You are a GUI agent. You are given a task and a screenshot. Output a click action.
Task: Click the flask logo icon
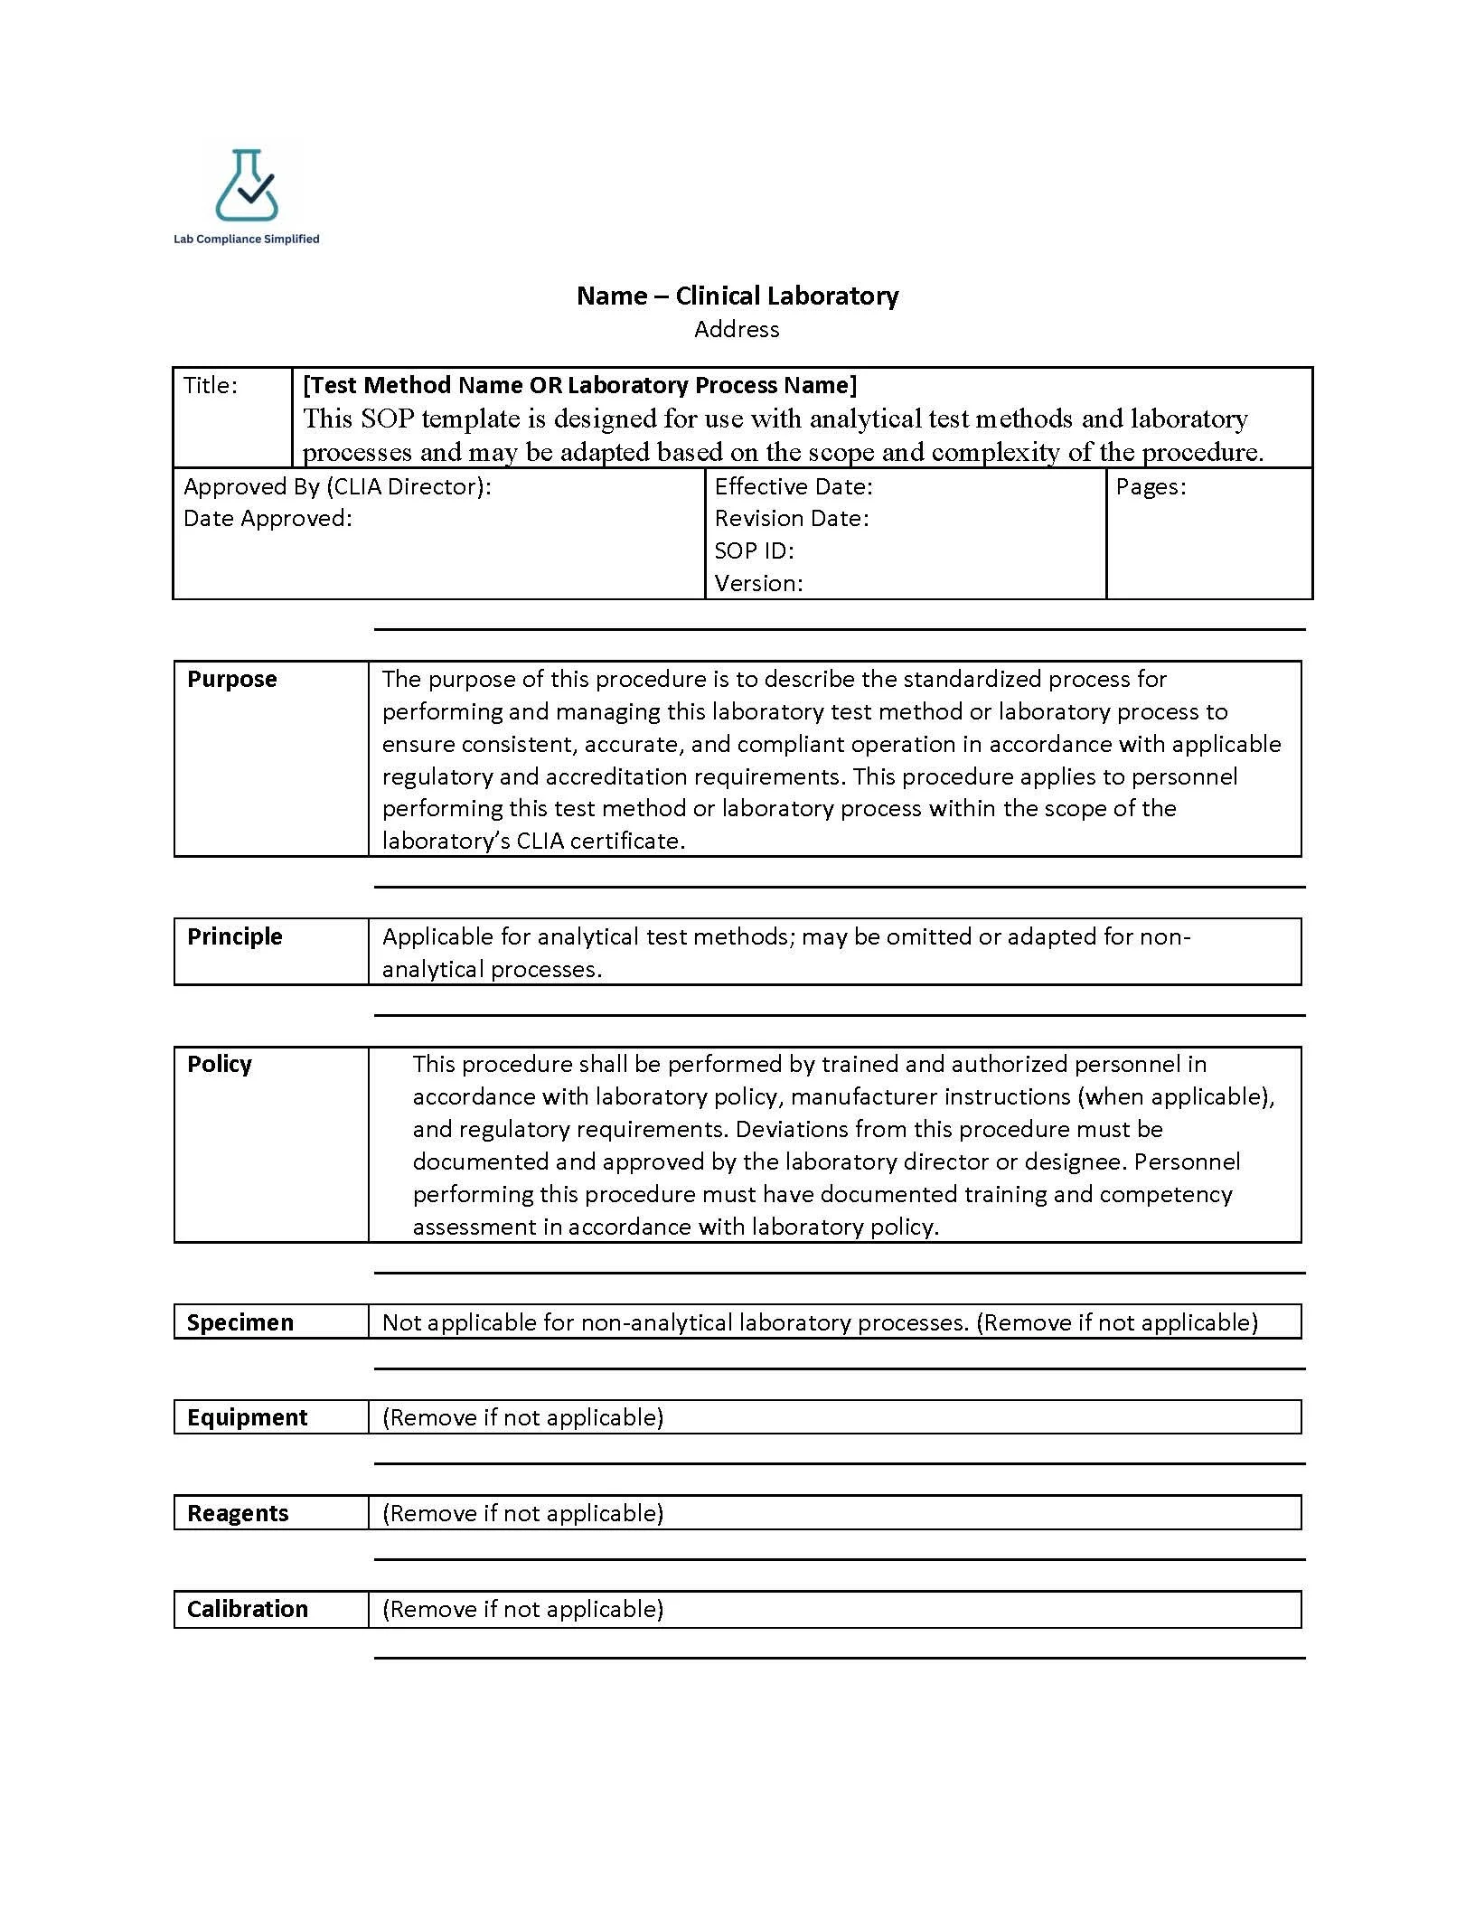(247, 186)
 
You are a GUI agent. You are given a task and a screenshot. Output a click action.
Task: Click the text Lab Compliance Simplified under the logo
(247, 240)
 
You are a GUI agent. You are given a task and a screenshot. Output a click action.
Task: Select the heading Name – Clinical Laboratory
(737, 296)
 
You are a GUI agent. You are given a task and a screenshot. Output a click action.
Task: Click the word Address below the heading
(737, 330)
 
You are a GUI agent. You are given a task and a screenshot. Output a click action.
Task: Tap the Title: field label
(211, 386)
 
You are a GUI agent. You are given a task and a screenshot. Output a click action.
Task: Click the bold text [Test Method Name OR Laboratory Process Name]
(579, 386)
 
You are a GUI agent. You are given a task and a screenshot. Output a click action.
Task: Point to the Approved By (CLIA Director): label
(337, 487)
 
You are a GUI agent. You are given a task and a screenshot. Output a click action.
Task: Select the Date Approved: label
(268, 519)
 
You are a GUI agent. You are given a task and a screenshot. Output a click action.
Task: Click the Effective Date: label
(794, 487)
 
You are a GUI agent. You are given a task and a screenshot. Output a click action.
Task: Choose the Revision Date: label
(792, 519)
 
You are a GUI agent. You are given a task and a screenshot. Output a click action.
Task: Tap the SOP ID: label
(754, 551)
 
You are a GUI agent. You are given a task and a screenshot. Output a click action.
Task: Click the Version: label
(758, 584)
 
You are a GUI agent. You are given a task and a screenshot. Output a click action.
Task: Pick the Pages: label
(1151, 487)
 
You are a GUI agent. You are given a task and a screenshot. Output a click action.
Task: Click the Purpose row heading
(232, 680)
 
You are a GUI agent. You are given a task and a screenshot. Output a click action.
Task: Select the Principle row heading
(235, 937)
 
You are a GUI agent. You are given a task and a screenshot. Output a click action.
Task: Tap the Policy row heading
(220, 1065)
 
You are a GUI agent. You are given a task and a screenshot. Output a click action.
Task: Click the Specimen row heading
(240, 1323)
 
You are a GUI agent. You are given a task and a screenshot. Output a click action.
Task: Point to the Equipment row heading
(248, 1418)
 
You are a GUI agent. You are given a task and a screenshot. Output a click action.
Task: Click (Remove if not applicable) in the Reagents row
(522, 1514)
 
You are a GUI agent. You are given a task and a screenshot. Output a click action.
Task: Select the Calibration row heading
(248, 1610)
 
